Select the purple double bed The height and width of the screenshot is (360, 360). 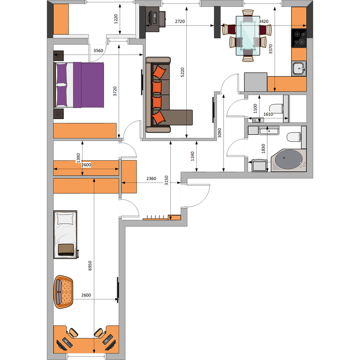[80, 84]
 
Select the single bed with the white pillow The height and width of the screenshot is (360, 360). [66, 234]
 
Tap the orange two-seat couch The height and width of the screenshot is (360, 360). [64, 291]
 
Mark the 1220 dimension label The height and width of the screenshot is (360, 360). [116, 19]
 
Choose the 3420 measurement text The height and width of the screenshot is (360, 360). [264, 22]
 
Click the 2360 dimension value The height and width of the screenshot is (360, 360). [151, 179]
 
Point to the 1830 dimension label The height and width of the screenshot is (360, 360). [263, 148]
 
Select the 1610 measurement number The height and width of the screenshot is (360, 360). [268, 114]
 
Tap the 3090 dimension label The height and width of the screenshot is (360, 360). [220, 133]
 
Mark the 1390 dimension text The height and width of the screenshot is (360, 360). [78, 157]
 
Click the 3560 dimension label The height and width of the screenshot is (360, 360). [98, 50]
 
